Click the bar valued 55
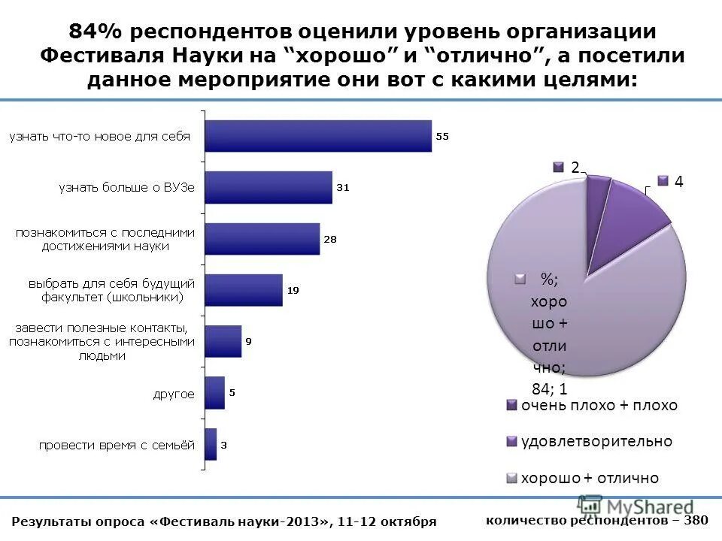pos(318,136)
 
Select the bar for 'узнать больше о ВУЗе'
pos(268,187)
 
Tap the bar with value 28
pos(262,239)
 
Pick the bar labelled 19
pos(244,290)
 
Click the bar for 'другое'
pos(215,393)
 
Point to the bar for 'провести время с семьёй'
pos(211,444)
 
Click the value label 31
pos(342,188)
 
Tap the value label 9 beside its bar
pos(248,342)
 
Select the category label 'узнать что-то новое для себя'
pos(99,137)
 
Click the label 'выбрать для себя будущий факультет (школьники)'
pos(111,290)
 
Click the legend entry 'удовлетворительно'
pos(596,442)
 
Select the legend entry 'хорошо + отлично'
pos(590,478)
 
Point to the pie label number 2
pos(574,168)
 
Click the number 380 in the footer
pos(696,520)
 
